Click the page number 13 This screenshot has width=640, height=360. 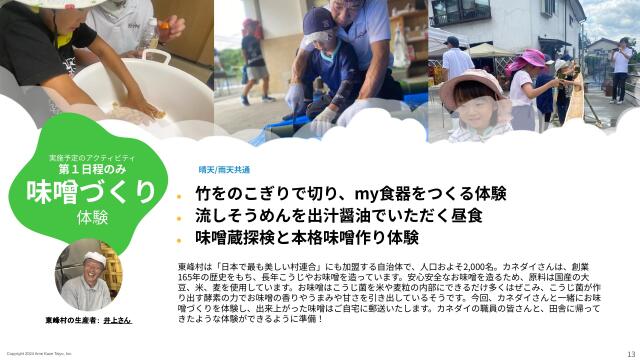click(629, 353)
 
